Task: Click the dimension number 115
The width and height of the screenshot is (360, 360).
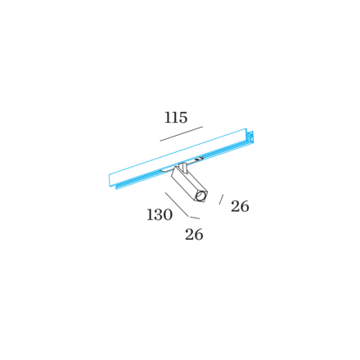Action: [x=176, y=118]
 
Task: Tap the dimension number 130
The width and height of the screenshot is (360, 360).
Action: [x=160, y=215]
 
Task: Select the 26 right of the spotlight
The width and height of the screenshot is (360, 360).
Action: [x=240, y=206]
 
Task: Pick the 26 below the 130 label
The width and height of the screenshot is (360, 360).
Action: [x=194, y=235]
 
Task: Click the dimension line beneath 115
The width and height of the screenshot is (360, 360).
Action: [x=181, y=134]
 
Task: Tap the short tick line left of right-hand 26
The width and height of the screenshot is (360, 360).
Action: [x=221, y=199]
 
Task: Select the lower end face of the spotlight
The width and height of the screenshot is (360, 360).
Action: [x=201, y=195]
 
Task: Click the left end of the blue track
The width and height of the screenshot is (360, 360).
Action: [x=110, y=180]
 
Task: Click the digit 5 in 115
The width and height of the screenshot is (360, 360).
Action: [x=184, y=118]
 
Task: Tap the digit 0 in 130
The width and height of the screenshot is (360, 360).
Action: [x=168, y=215]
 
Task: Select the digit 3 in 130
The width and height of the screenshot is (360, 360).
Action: [x=159, y=215]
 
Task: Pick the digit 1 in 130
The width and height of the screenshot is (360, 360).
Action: [x=151, y=215]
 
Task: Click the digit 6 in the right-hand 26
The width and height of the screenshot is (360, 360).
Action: [x=245, y=206]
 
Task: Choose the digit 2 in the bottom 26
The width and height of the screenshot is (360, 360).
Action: [x=189, y=235]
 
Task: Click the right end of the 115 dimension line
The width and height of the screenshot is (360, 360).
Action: [x=202, y=127]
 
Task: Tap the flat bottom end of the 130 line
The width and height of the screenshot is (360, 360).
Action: [x=196, y=218]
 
